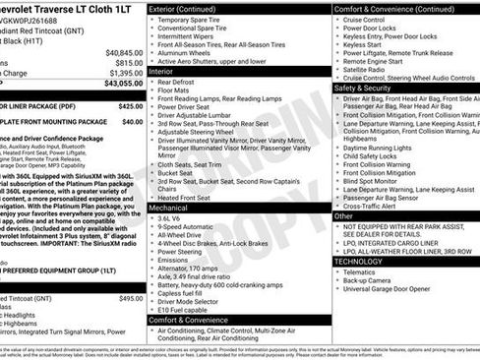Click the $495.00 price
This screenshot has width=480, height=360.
pyautogui.click(x=130, y=298)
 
